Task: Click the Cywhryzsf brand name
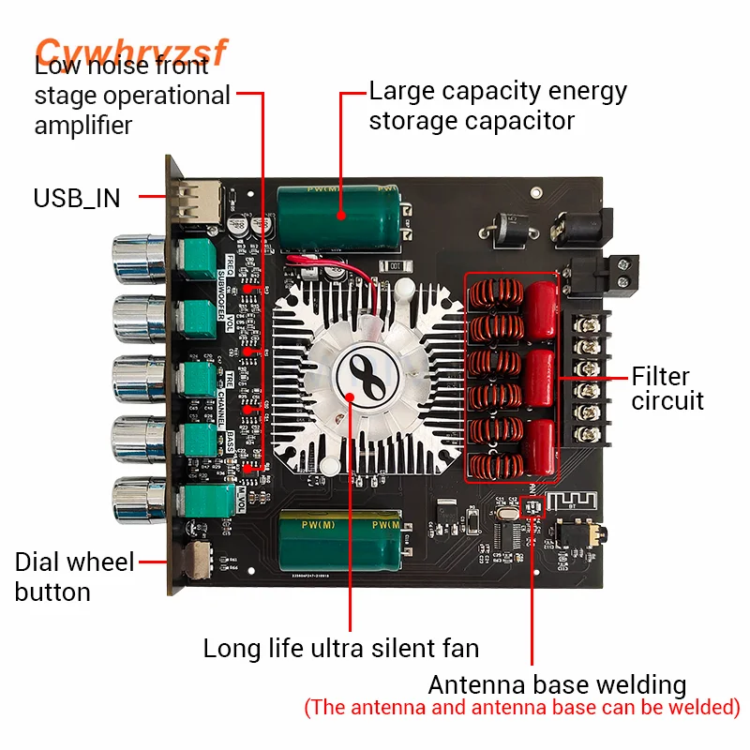pyautogui.click(x=131, y=52)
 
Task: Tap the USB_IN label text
pyautogui.click(x=77, y=198)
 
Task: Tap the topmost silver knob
pyautogui.click(x=137, y=260)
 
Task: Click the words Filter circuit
pyautogui.click(x=667, y=389)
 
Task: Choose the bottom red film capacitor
pyautogui.click(x=541, y=446)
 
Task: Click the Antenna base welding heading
pyautogui.click(x=557, y=684)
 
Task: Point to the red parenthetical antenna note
pyautogui.click(x=522, y=707)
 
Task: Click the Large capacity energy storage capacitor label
pyautogui.click(x=497, y=106)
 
